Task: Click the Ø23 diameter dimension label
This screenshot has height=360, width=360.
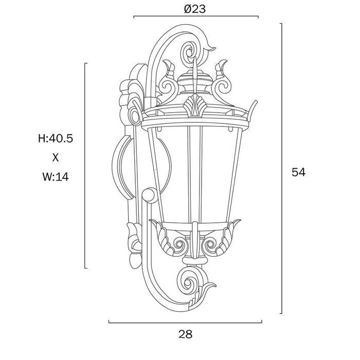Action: (x=195, y=9)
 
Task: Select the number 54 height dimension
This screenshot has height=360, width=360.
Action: (x=298, y=172)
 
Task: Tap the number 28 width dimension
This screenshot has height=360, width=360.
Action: (x=186, y=334)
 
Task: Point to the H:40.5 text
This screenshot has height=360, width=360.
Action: (x=56, y=138)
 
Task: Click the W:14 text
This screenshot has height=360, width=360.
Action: (x=56, y=177)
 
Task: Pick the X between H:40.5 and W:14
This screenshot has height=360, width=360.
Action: (x=56, y=158)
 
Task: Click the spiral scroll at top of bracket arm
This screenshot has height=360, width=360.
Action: (x=190, y=52)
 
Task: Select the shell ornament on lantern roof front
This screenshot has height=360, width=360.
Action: (x=195, y=105)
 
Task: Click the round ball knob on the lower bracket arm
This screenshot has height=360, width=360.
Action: (x=150, y=195)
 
